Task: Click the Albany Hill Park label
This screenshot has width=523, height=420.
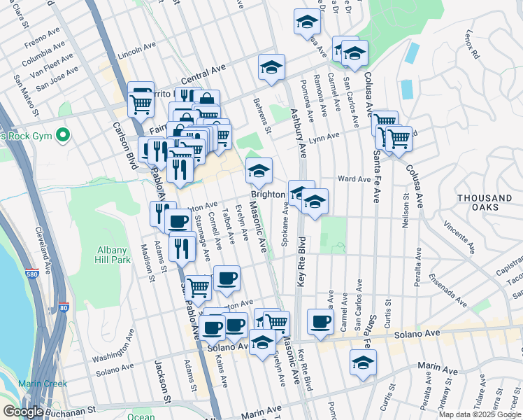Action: tap(112, 255)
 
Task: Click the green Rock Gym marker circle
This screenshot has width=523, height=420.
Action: tap(64, 133)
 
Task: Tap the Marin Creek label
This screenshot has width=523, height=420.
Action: tap(43, 383)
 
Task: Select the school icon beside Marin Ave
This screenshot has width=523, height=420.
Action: tap(363, 363)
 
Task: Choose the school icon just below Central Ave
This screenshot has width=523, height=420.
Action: tap(271, 67)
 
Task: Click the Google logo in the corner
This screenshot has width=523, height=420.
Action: tap(23, 412)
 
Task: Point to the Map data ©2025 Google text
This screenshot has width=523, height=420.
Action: tap(480, 414)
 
